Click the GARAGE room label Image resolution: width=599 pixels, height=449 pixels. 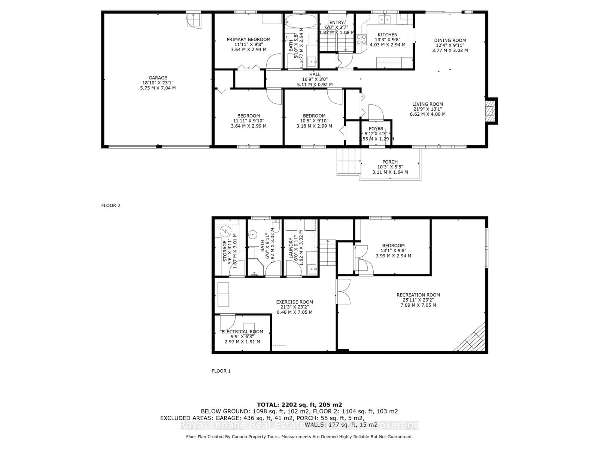pyautogui.click(x=158, y=78)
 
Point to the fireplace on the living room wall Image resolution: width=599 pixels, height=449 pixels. pyautogui.click(x=490, y=111)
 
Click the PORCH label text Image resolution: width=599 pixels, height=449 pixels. pyautogui.click(x=390, y=162)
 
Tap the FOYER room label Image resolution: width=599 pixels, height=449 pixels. pyautogui.click(x=376, y=129)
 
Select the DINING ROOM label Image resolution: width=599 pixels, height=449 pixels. pyautogui.click(x=450, y=40)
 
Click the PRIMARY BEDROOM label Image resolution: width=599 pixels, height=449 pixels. pyautogui.click(x=248, y=39)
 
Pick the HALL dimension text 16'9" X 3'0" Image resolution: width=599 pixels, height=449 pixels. pyautogui.click(x=315, y=79)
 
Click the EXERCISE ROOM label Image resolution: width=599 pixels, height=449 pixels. pyautogui.click(x=294, y=302)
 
